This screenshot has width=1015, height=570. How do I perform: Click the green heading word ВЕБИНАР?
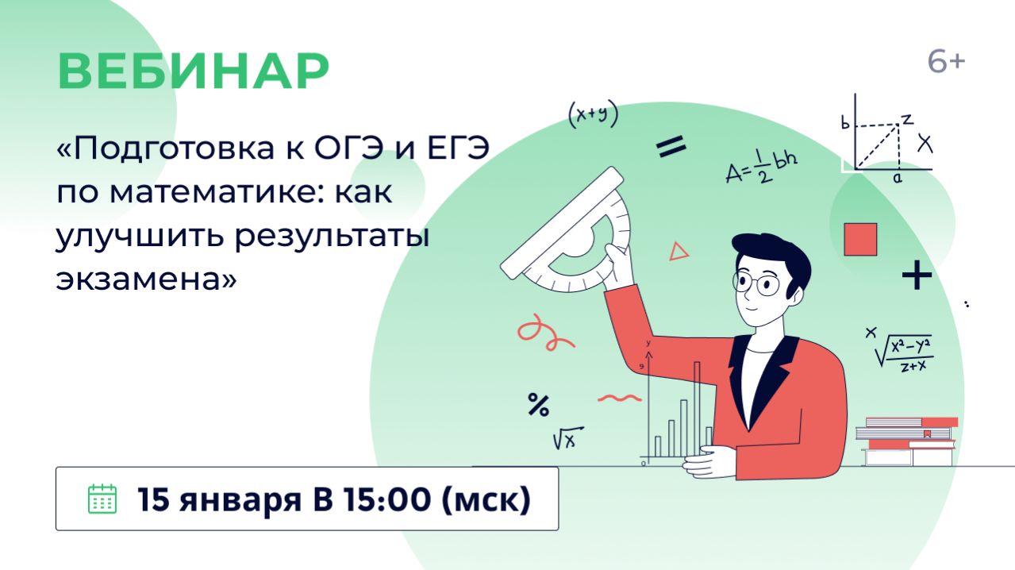tap(193, 71)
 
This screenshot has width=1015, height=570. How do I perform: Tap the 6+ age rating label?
tap(946, 62)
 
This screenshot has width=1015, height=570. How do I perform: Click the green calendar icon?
tap(102, 499)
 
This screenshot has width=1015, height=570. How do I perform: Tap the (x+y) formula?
tap(593, 115)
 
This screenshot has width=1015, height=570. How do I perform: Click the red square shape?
tap(859, 239)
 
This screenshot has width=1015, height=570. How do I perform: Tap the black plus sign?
tap(917, 276)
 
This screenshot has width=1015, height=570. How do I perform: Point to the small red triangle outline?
tap(679, 252)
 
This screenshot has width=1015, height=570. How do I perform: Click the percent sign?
tap(538, 406)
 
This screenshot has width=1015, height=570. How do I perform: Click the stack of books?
tap(907, 441)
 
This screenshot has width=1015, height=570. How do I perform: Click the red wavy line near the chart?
tap(618, 396)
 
